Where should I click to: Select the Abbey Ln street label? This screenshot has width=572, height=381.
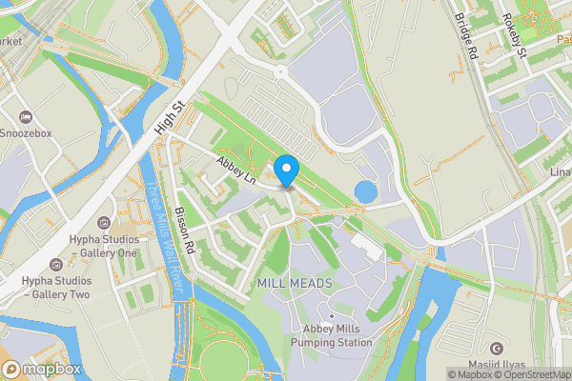click(237, 170)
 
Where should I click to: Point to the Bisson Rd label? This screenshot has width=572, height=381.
click(185, 231)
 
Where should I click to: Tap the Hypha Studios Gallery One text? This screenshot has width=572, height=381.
click(104, 247)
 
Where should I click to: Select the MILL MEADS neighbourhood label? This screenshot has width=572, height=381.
click(295, 284)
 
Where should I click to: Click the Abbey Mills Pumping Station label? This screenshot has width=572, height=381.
click(332, 336)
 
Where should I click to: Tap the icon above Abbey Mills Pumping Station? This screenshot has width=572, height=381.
click(332, 315)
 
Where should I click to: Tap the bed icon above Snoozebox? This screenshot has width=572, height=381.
click(28, 114)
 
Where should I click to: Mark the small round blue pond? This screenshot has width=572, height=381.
click(365, 192)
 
